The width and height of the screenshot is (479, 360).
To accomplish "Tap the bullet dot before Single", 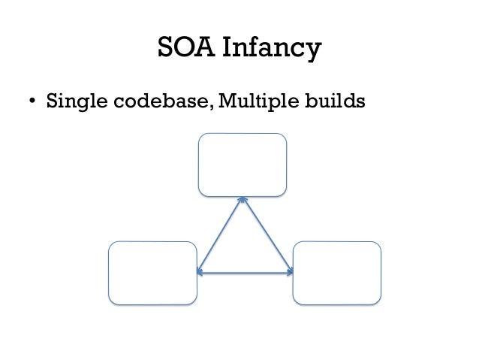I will [x=32, y=101].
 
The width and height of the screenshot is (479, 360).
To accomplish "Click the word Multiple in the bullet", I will [x=257, y=101].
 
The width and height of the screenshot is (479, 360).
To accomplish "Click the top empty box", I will [x=242, y=165].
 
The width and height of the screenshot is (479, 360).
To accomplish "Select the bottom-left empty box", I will [x=152, y=272].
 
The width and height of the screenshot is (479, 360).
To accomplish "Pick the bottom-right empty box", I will [x=336, y=272].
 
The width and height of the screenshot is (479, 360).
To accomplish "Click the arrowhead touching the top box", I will [x=243, y=201].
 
